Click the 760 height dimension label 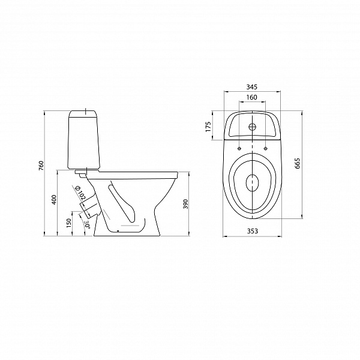tap(41, 166)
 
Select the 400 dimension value tap(54, 200)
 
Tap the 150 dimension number tap(69, 223)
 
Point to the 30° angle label tap(87, 224)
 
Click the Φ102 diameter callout tap(80, 192)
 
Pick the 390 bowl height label tap(186, 204)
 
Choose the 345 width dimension tap(252, 87)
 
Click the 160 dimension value tap(252, 97)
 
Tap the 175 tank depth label tap(208, 127)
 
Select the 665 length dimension tap(298, 163)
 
